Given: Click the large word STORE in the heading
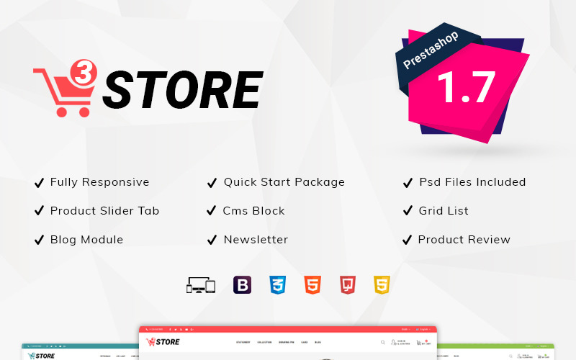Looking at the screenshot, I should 181,91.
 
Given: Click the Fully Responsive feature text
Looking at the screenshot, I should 99,182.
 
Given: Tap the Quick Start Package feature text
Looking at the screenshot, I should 284,182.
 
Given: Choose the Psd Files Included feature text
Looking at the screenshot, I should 472,182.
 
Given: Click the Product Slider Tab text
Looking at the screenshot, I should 104,211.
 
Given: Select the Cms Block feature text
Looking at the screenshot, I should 254,211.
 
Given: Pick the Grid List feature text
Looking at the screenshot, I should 444,211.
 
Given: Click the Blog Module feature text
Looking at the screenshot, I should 86,240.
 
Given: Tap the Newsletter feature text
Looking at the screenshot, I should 256,240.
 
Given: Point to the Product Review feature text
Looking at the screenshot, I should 464,240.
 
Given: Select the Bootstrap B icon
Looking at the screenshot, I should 243,284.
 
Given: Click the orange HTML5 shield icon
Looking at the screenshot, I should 312,284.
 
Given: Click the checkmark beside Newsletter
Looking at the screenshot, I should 212,240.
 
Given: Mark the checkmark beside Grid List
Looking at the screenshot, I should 407,211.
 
